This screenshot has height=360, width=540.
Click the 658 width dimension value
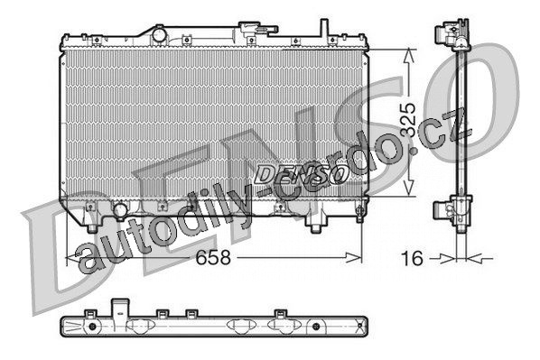(x=213, y=257)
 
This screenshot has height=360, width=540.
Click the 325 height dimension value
(x=409, y=120)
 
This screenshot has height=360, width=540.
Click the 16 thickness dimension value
(x=412, y=258)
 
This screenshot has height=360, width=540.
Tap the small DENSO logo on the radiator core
(x=300, y=173)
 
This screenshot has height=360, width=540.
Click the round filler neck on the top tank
(x=160, y=35)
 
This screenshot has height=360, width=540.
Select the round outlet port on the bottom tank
(x=120, y=210)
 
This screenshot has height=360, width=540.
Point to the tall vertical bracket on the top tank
(x=323, y=28)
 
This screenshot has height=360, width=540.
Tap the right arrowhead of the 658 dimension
(x=354, y=257)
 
